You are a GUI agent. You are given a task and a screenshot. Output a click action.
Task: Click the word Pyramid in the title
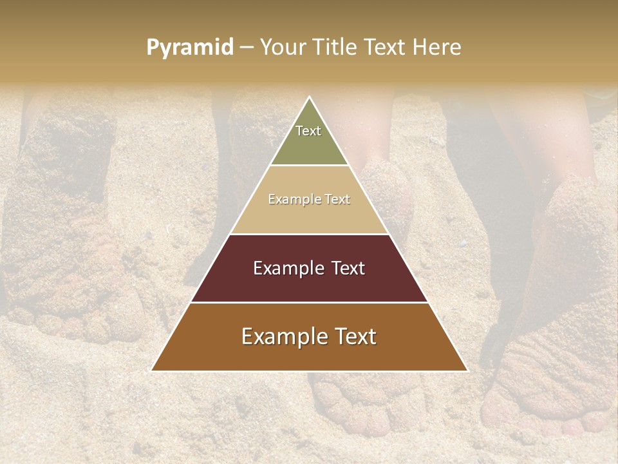tap(189, 48)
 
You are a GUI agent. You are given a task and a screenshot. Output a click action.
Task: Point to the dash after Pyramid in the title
tap(247, 48)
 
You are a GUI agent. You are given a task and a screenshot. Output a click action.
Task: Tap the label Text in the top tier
tap(308, 131)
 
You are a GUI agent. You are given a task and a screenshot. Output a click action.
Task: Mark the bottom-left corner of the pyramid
tap(151, 371)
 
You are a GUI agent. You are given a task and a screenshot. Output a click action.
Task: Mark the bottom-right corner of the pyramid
tap(468, 371)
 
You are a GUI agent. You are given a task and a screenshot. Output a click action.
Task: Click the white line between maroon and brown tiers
tap(309, 302)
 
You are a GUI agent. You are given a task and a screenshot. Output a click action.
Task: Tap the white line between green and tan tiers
tap(309, 166)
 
